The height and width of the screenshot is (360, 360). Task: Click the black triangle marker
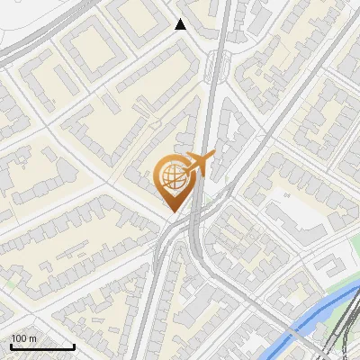tap(181, 24)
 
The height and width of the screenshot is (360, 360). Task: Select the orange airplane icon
tap(199, 164)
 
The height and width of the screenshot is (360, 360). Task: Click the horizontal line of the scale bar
tap(42, 347)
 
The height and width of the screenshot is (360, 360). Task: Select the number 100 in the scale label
tap(19, 338)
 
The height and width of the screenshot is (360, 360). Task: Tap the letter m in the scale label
tap(33, 338)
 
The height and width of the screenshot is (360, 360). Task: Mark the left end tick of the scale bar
tap(11, 346)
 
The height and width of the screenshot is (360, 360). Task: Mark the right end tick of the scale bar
tap(75, 346)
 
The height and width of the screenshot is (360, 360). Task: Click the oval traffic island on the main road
tap(213, 64)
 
